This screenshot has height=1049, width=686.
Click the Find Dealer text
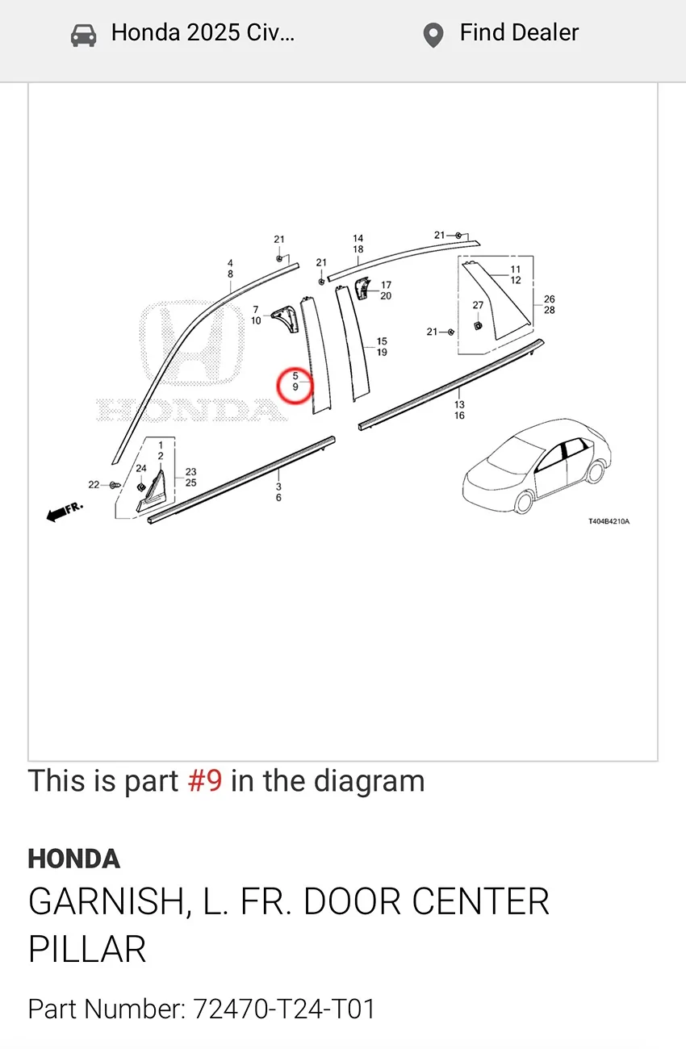[519, 33]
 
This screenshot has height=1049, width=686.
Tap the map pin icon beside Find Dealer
[433, 35]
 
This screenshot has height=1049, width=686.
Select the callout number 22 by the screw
[94, 485]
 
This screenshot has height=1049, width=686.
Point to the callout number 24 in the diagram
[141, 468]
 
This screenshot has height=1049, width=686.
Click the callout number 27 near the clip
[478, 306]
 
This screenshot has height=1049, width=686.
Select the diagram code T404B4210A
[608, 521]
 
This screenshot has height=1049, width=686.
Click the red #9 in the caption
[205, 781]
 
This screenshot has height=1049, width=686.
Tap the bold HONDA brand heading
[74, 859]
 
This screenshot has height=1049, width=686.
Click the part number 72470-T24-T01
[283, 1009]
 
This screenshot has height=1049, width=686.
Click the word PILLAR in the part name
[87, 950]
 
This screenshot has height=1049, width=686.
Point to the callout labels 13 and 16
[459, 410]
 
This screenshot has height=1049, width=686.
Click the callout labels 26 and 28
[550, 304]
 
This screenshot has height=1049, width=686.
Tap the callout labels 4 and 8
[230, 269]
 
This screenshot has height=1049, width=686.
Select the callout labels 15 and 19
[382, 347]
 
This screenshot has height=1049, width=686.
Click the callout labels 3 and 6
[278, 492]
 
